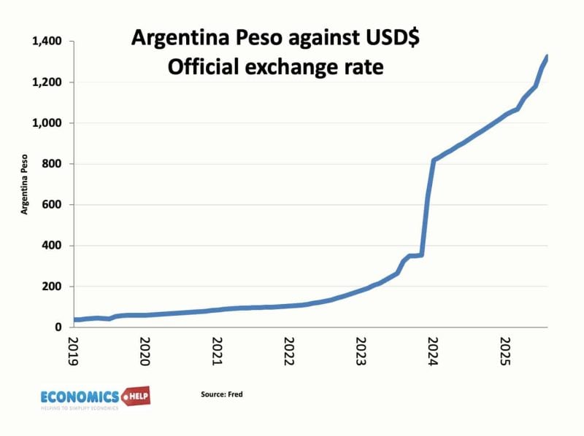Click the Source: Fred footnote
point(221,394)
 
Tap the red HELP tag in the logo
point(137,397)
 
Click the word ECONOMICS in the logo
point(79,397)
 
